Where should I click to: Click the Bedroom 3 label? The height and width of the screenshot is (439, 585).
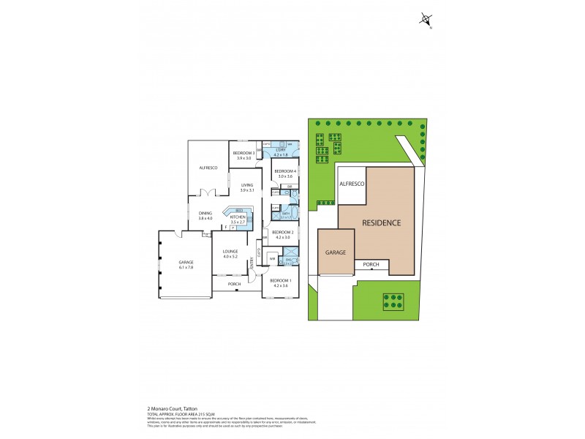tap(244, 152)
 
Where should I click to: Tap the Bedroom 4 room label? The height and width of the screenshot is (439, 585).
tap(285, 171)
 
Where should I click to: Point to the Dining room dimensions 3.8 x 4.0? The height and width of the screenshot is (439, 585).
tap(205, 218)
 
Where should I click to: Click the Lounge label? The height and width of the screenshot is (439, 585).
tap(231, 252)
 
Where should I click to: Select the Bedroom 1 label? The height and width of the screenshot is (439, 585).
tap(280, 281)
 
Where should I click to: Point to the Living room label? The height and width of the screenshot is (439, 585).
tap(247, 185)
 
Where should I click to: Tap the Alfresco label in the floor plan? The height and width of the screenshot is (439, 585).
tap(209, 168)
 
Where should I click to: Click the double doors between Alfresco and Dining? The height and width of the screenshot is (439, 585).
tap(208, 193)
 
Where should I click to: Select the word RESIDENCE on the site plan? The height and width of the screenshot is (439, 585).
tap(382, 222)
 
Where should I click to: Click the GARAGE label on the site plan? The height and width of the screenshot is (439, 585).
tap(336, 252)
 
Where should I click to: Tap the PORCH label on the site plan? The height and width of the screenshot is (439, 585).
tap(371, 266)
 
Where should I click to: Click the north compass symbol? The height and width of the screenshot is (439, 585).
tap(426, 20)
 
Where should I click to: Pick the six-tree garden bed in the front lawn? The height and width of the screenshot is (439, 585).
tap(393, 301)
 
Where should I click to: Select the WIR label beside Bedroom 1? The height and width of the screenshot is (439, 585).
tap(271, 259)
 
